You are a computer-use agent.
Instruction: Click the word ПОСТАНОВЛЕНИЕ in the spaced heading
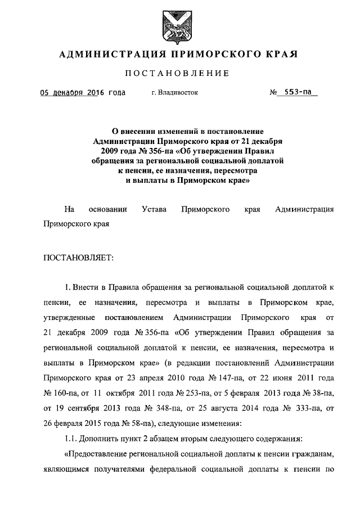click(177, 74)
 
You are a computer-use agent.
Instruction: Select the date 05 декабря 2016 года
click(82, 93)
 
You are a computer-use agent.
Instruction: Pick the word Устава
click(155, 209)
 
